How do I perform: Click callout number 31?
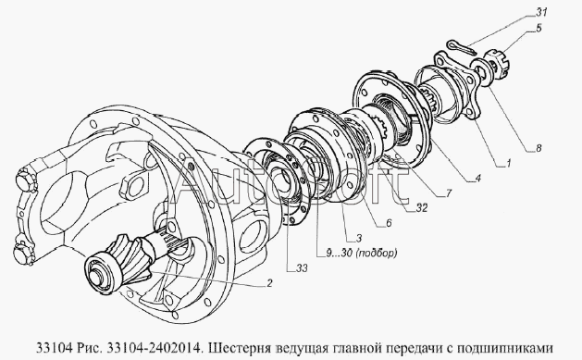(x=540, y=12)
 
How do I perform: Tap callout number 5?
(x=539, y=28)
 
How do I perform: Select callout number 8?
(x=539, y=148)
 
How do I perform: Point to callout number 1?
(x=509, y=163)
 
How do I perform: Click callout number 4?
(x=477, y=178)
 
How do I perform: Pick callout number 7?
(x=449, y=193)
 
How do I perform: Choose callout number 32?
(x=421, y=208)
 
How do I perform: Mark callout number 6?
(x=389, y=223)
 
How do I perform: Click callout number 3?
(x=359, y=238)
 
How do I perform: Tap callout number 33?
(x=302, y=267)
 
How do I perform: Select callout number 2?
(x=269, y=283)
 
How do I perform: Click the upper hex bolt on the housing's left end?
(x=26, y=180)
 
